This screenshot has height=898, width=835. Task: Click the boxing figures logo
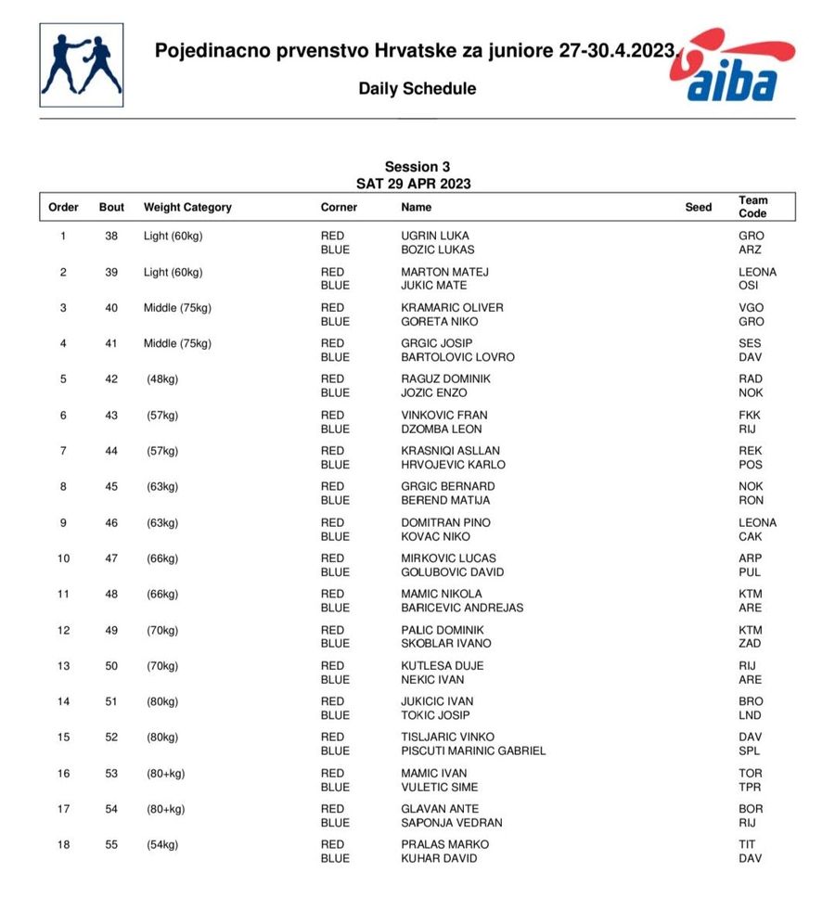point(81,65)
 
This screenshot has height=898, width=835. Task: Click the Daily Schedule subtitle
point(417,89)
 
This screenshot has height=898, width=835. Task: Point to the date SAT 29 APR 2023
point(413,184)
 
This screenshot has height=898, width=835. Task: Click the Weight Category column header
point(187,208)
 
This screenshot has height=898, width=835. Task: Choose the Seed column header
point(699,208)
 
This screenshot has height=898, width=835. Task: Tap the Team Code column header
point(752,207)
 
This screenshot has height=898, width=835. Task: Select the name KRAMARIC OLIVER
point(452,308)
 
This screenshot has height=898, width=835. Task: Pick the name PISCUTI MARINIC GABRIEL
point(473,750)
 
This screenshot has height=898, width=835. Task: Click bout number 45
point(111,486)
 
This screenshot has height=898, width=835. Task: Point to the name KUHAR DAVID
point(439,858)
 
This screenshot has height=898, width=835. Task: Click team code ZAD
point(751,643)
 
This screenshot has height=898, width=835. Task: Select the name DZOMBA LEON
point(442,429)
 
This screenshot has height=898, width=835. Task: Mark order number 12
point(63,630)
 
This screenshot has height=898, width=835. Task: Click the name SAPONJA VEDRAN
point(452,823)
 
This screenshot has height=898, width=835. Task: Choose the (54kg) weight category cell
point(162,844)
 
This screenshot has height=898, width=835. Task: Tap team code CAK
point(751,536)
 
